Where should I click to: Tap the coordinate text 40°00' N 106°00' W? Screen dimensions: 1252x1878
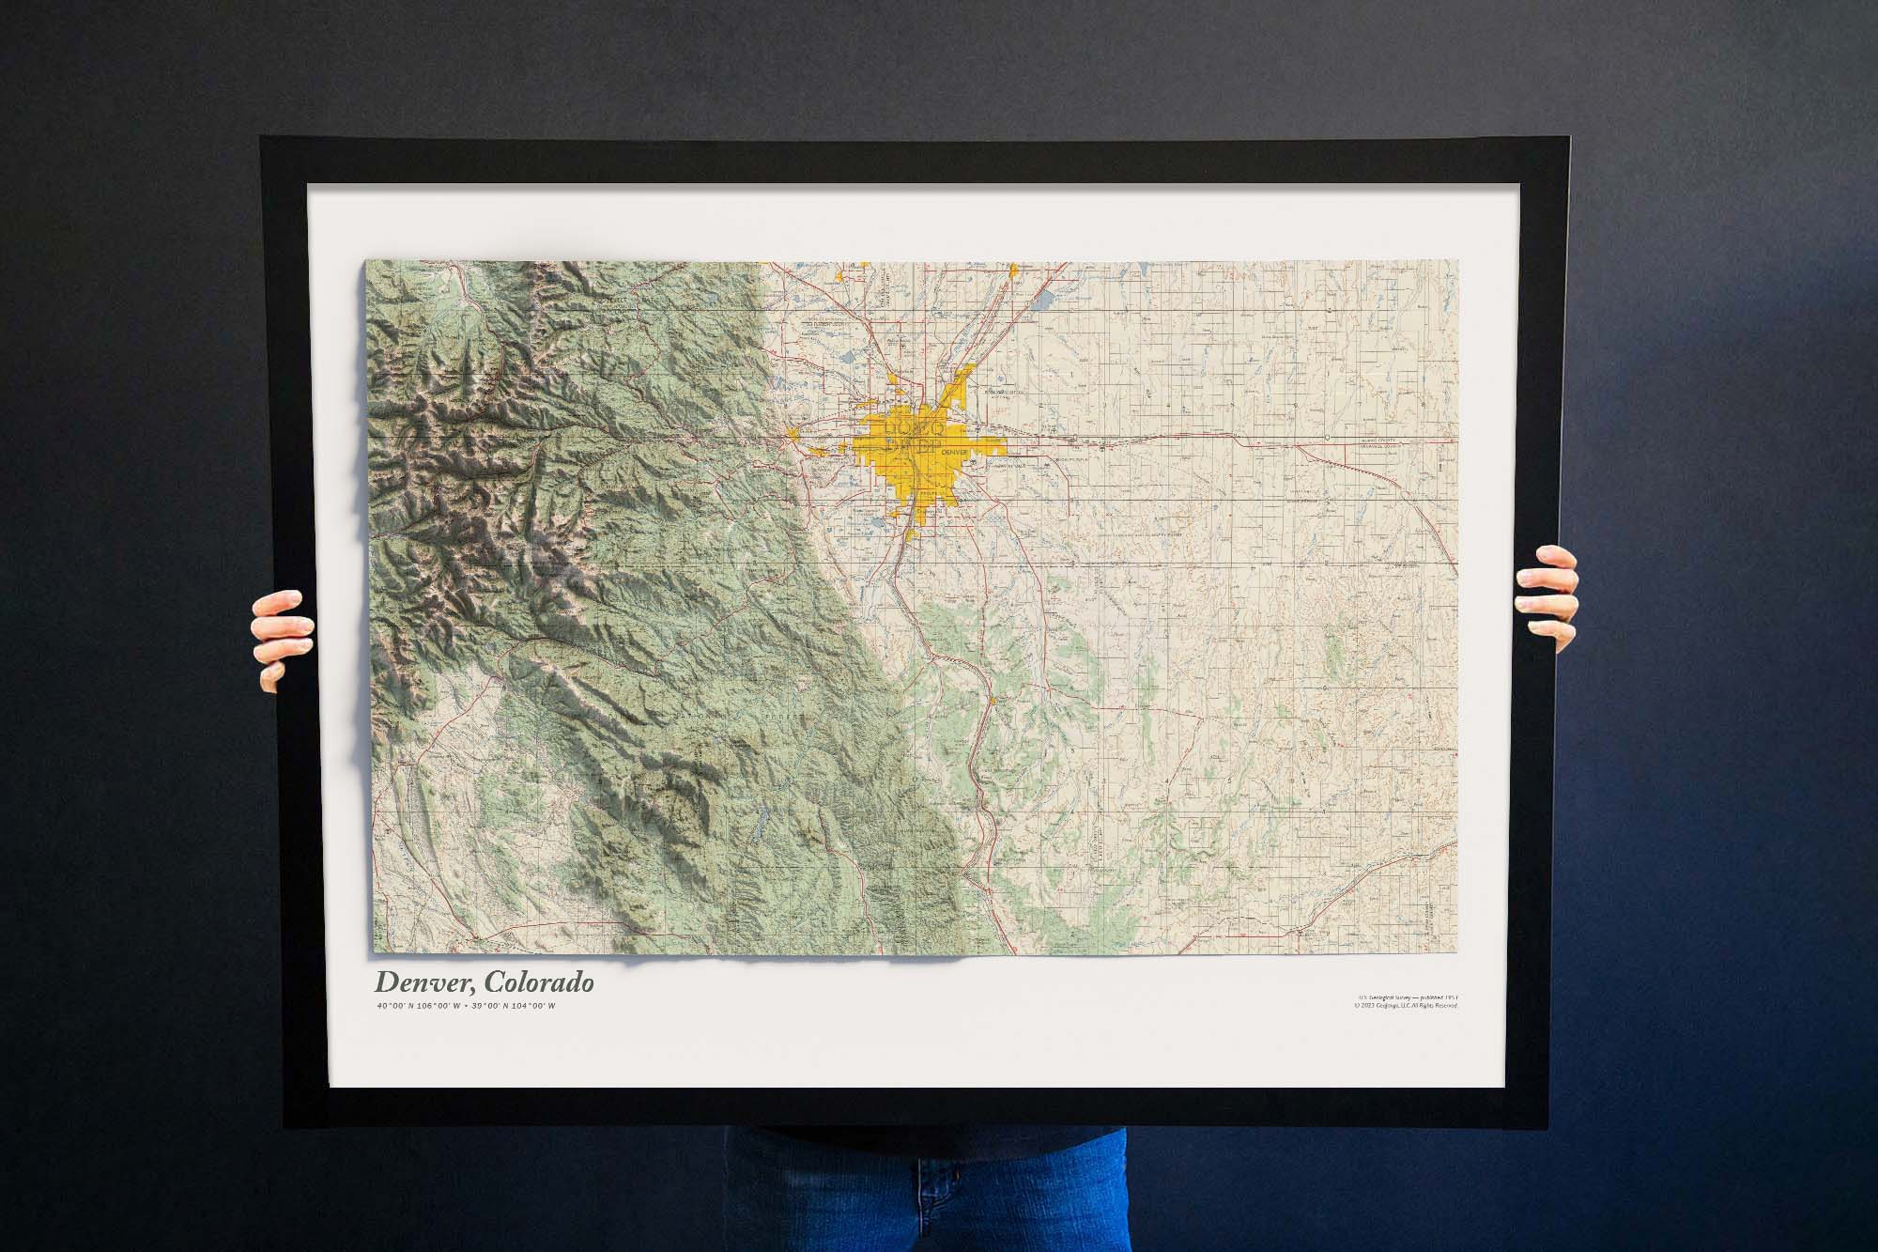(x=417, y=1007)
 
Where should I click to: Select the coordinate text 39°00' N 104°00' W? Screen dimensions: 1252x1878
(x=516, y=1007)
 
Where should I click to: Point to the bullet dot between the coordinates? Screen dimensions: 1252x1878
(x=467, y=1007)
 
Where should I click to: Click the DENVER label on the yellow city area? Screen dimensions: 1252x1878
(x=953, y=452)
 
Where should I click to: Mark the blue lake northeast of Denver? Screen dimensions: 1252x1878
(x=1043, y=303)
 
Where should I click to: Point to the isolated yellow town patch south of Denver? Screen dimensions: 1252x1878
(x=993, y=701)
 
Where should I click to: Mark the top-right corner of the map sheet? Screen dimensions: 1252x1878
(x=1457, y=262)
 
